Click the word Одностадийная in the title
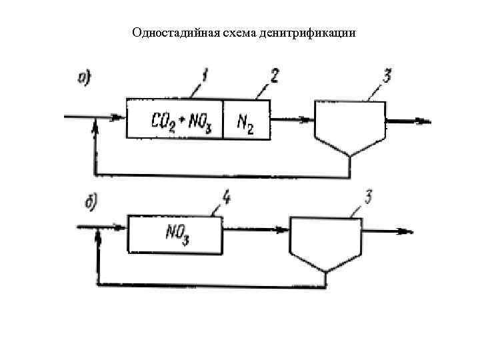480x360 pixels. (166, 33)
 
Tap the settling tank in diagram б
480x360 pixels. (325, 240)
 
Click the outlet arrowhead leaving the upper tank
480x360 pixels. (424, 121)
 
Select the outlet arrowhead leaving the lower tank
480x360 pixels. (405, 231)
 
